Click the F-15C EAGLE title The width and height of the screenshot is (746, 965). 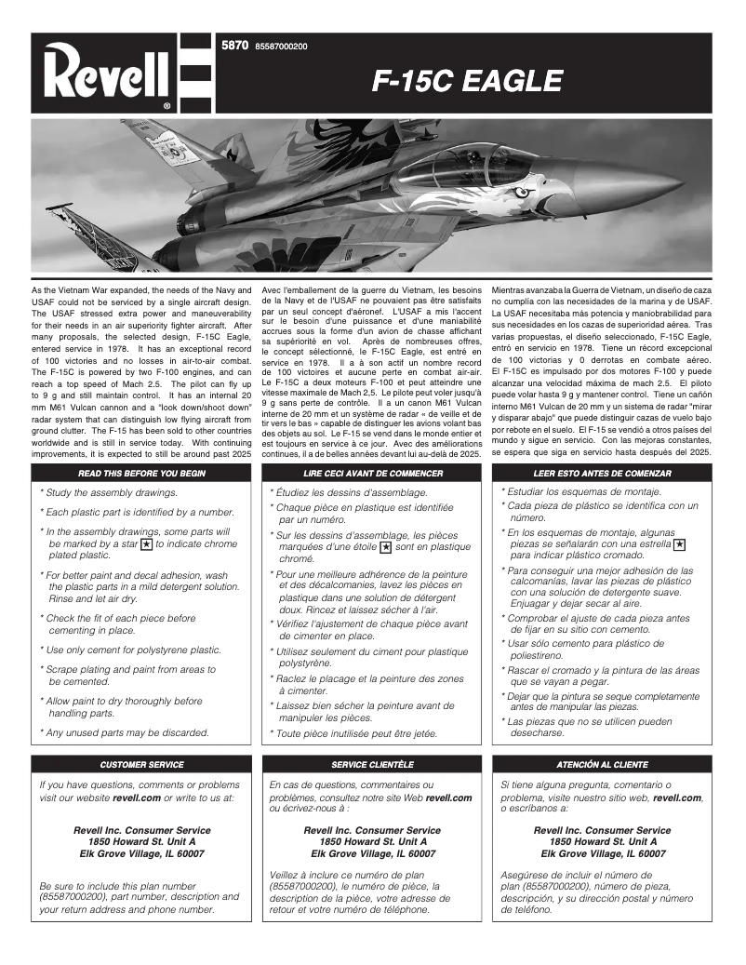(466, 82)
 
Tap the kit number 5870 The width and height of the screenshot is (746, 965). (233, 46)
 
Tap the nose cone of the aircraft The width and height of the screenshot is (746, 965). (684, 179)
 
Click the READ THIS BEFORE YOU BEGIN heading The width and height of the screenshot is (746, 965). (142, 473)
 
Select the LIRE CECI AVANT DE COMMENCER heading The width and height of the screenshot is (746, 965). (372, 473)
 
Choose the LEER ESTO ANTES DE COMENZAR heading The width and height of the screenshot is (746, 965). (602, 473)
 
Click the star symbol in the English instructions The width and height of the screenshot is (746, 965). (146, 543)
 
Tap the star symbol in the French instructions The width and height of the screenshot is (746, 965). (385, 548)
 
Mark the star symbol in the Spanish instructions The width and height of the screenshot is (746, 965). (680, 543)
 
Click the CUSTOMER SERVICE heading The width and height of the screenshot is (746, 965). (142, 764)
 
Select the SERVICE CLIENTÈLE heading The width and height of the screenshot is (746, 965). (372, 764)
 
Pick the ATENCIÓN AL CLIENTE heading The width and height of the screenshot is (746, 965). (602, 764)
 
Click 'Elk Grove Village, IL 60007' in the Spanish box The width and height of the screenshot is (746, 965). (603, 852)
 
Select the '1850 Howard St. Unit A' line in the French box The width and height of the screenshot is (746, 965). (372, 841)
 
